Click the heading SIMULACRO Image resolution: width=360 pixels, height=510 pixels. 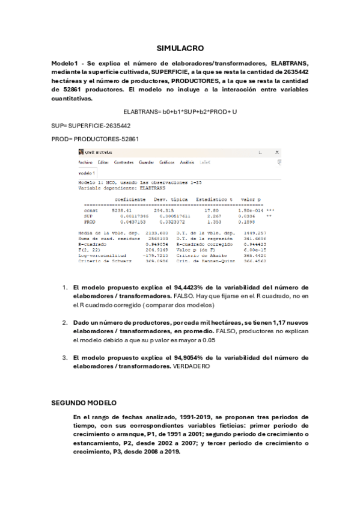pos(180,48)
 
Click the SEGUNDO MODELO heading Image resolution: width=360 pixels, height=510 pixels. pos(84,402)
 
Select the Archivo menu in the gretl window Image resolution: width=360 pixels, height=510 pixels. pos(85,162)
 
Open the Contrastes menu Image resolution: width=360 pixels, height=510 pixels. pos(124,162)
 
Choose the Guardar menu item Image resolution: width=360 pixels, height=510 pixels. pos(147,162)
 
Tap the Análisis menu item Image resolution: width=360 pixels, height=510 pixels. pos(187,162)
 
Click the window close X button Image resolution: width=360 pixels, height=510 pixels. pos(277,153)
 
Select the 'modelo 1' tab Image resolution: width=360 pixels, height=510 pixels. pos(88,173)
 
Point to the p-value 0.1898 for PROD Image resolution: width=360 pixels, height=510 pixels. pos(248,221)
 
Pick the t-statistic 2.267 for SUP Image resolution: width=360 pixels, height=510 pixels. pos(213,216)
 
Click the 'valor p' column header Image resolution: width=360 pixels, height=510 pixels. pos(250,198)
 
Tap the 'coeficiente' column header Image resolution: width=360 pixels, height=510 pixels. pos(129,198)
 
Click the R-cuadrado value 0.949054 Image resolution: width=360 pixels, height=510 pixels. pos(156,245)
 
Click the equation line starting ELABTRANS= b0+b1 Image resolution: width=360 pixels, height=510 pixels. pos(180,112)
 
